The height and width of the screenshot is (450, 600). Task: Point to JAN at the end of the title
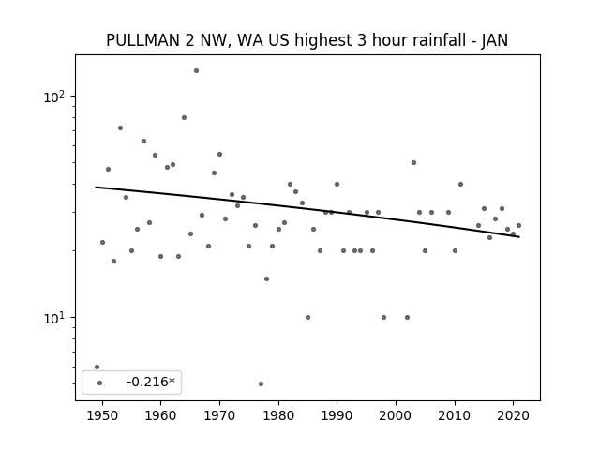pyautogui.click(x=495, y=40)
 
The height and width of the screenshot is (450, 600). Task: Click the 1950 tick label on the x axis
pyautogui.click(x=102, y=415)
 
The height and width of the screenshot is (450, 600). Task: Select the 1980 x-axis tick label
pyautogui.click(x=278, y=415)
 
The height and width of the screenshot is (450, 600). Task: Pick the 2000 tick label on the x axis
pyautogui.click(x=396, y=415)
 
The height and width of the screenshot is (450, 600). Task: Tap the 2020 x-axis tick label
pyautogui.click(x=514, y=415)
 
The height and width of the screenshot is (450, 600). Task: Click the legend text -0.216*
pyautogui.click(x=151, y=382)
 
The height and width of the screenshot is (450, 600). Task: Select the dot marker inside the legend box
pyautogui.click(x=100, y=382)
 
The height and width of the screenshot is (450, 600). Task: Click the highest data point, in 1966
pyautogui.click(x=196, y=71)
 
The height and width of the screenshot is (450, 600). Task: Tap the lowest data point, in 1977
pyautogui.click(x=261, y=383)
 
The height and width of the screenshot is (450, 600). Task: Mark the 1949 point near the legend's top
pyautogui.click(x=97, y=367)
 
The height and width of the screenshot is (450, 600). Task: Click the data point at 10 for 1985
pyautogui.click(x=308, y=317)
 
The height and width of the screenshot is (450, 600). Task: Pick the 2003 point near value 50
pyautogui.click(x=413, y=162)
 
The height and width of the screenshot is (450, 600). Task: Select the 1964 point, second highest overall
pyautogui.click(x=184, y=117)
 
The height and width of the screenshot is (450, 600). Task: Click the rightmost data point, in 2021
pyautogui.click(x=518, y=225)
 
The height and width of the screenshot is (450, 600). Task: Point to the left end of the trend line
pyautogui.click(x=96, y=187)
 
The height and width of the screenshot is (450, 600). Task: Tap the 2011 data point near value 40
pyautogui.click(x=460, y=184)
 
